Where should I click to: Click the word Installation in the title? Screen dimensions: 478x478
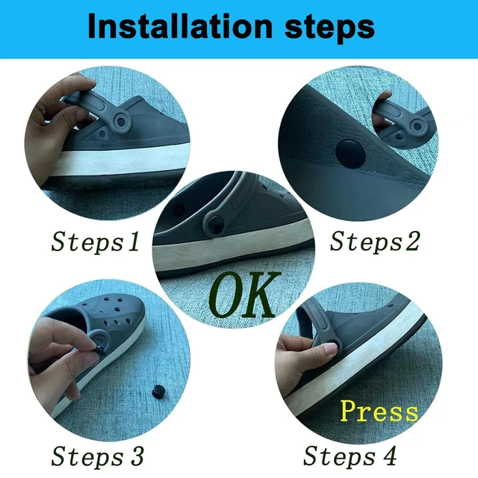(x=179, y=26)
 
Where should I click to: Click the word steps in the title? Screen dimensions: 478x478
(x=329, y=29)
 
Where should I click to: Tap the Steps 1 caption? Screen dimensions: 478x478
(x=96, y=242)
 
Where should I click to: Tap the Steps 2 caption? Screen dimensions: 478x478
(x=375, y=241)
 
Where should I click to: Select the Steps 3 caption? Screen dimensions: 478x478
(x=97, y=456)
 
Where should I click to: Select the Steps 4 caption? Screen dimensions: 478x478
(x=350, y=456)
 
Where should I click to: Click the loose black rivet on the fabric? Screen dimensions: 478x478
(x=158, y=391)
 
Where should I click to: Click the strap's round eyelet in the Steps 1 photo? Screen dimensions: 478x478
(x=121, y=122)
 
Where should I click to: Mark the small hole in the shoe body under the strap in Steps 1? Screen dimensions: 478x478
(x=102, y=134)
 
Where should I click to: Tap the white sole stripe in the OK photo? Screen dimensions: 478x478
(x=234, y=246)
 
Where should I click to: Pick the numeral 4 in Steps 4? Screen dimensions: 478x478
(x=389, y=455)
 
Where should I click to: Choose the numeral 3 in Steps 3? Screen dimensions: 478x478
(x=136, y=456)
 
